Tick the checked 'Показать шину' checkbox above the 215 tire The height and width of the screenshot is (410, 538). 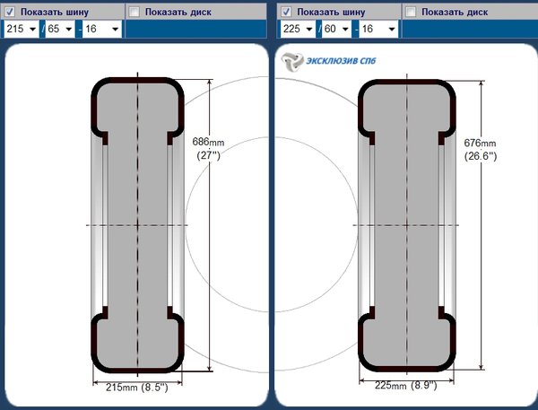9,12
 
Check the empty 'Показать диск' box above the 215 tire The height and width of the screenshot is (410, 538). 134,12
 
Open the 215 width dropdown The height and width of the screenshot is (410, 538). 22,29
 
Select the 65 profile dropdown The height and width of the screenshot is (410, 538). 60,29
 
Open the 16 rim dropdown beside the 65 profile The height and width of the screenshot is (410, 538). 102,29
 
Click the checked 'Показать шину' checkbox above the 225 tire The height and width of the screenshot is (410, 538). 286,12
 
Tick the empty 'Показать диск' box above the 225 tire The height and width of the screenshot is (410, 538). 411,12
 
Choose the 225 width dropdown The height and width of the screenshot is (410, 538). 298,29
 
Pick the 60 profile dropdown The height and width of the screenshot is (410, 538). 336,29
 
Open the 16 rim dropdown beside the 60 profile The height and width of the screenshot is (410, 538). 378,29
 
